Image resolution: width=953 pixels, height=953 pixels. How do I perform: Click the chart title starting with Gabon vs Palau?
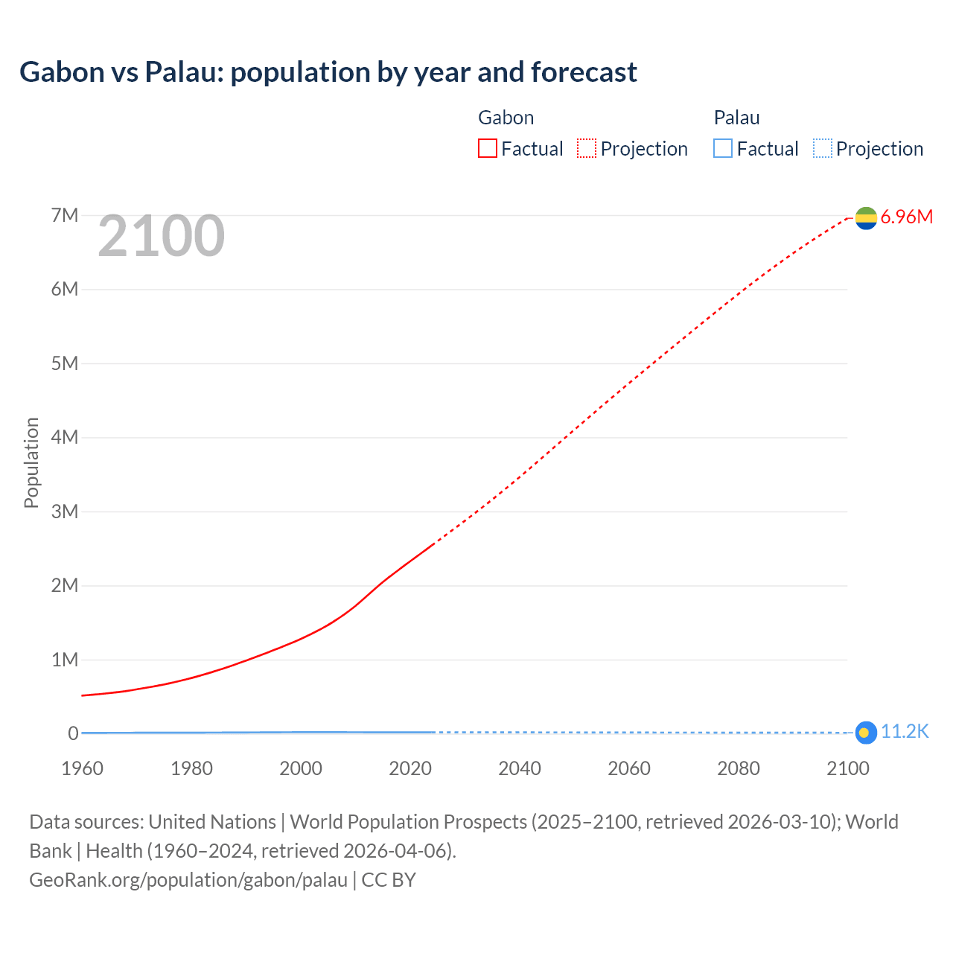(x=328, y=72)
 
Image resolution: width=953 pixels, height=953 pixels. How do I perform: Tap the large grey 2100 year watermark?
(x=161, y=236)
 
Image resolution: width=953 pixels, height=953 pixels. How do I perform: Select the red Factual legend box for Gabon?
(x=487, y=148)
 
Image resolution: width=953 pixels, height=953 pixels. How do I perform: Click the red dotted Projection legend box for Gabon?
(x=587, y=148)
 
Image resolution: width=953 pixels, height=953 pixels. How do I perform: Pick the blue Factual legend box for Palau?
(x=723, y=148)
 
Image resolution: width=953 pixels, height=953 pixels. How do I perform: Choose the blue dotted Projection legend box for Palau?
(x=822, y=148)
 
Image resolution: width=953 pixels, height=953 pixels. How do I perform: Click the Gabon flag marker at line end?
(x=866, y=217)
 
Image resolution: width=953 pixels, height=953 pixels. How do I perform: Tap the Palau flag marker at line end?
(x=865, y=733)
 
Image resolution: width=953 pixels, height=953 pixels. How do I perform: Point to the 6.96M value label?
(x=906, y=217)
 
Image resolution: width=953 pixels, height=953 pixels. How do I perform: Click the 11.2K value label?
(x=905, y=732)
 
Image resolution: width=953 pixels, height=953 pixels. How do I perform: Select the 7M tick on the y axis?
(x=65, y=215)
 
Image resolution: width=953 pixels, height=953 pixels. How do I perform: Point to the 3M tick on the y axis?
(x=65, y=511)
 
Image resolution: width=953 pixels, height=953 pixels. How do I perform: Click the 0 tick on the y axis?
(x=73, y=733)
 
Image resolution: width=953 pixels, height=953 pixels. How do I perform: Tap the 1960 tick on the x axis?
(x=82, y=768)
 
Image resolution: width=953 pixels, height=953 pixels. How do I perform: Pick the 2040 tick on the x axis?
(x=520, y=768)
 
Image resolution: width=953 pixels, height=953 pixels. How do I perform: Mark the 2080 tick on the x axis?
(x=739, y=768)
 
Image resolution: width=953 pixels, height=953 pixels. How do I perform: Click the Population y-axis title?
(x=31, y=462)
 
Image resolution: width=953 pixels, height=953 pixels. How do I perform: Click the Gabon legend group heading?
(x=506, y=118)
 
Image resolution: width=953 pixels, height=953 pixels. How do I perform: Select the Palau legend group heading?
(x=736, y=118)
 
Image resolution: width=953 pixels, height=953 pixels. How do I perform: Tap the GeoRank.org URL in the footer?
(x=188, y=880)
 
